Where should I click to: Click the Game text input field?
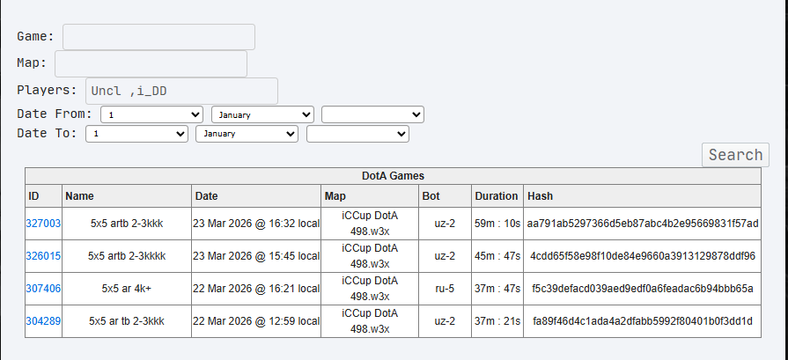click(158, 37)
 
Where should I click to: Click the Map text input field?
click(151, 64)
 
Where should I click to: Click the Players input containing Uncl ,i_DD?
click(181, 92)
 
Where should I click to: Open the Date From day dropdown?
click(152, 114)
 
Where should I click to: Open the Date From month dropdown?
click(262, 114)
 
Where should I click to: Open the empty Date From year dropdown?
click(372, 114)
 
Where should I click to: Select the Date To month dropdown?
click(247, 134)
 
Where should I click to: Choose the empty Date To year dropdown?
click(357, 134)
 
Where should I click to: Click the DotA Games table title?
click(393, 176)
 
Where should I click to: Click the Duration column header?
click(497, 195)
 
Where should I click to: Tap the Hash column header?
click(540, 195)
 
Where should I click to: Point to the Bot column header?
click(431, 195)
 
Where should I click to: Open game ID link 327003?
click(44, 224)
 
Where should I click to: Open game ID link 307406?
click(44, 289)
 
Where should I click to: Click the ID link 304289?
click(44, 321)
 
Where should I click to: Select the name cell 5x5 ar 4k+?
click(126, 289)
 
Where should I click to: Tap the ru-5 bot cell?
click(445, 289)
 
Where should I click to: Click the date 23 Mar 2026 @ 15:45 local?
click(256, 256)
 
